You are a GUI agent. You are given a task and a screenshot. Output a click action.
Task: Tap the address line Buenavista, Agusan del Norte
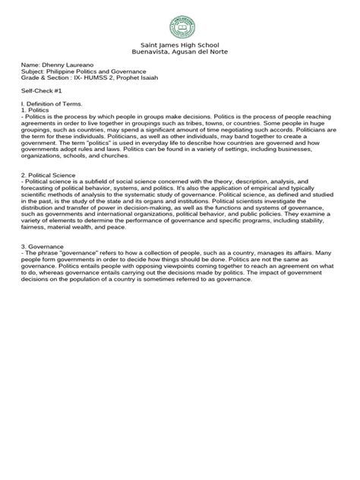click(x=179, y=54)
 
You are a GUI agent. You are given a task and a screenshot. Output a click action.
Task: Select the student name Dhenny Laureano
click(x=82, y=68)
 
